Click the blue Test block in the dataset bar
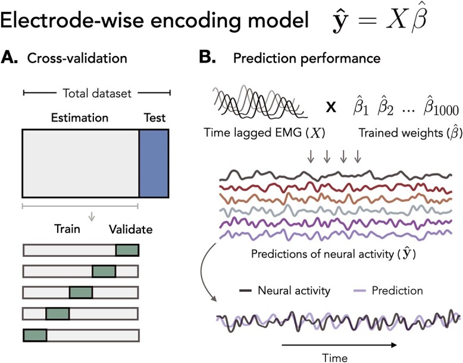154,162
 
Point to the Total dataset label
97,92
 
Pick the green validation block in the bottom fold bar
35,335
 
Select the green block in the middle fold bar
81,293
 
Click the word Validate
130,229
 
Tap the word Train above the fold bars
67,229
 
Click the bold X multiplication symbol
331,107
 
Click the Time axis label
335,356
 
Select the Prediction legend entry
396,291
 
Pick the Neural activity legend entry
292,291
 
